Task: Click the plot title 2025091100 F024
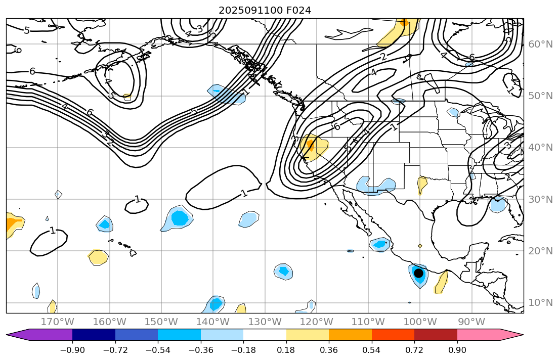[x=265, y=10]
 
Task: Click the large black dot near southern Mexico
[x=418, y=273]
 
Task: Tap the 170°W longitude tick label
[x=57, y=322]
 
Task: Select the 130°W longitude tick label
[x=265, y=322]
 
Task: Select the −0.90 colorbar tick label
[x=72, y=350]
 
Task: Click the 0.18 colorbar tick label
[x=286, y=350]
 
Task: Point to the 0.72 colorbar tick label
[x=414, y=350]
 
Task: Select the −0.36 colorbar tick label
[x=201, y=350]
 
